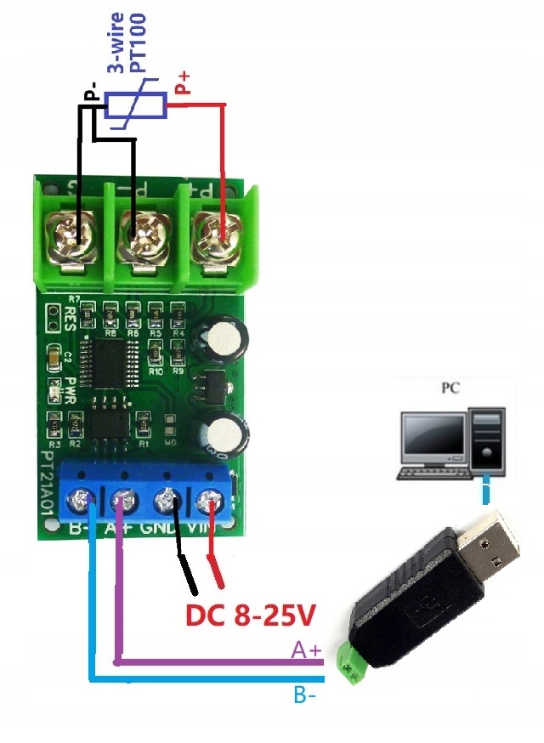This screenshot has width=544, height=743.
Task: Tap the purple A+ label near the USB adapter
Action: (x=307, y=650)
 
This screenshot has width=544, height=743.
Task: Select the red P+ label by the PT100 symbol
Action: (x=183, y=82)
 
